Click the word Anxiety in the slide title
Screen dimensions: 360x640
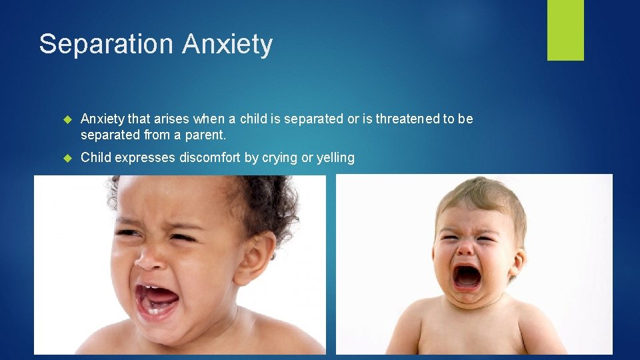(227, 45)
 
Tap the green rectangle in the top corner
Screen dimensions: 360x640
(565, 30)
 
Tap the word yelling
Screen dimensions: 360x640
(333, 158)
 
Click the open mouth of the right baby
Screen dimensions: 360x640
(467, 275)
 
